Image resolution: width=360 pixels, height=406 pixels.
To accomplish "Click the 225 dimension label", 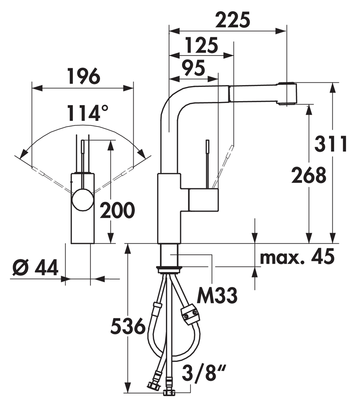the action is point(233,20).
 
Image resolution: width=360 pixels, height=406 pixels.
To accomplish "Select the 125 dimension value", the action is point(202,45).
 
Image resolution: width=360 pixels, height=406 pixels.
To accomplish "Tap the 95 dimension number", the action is point(193,68).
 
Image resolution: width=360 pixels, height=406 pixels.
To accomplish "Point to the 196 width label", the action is point(84,76).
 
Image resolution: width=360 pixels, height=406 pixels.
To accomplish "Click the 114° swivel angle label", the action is point(87,113).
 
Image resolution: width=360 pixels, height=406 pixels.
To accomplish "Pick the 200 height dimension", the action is point(117,210).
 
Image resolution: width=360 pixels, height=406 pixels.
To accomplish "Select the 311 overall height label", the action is point(331,144).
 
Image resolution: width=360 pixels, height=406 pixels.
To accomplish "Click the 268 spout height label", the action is point(309,175).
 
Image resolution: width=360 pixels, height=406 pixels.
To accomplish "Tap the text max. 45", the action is point(297,257).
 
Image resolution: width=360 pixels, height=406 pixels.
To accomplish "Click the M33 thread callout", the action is point(217,295).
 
